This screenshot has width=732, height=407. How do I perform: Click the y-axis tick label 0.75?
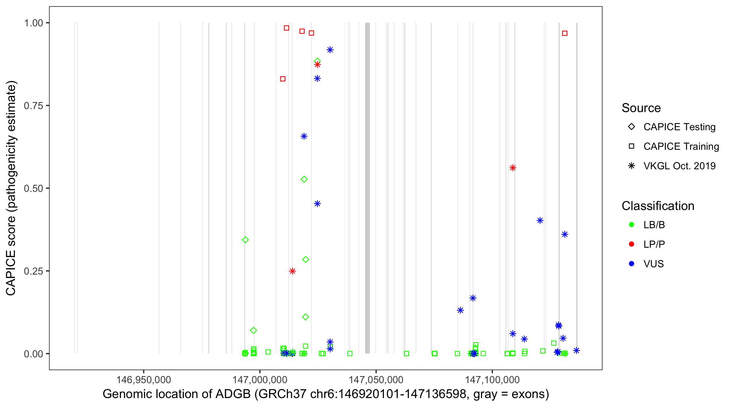pos(33,106)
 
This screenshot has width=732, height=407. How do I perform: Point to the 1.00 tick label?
pos(33,23)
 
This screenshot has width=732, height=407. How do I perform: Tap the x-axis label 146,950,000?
pos(143,380)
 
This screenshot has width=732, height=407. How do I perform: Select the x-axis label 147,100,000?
pos(492,380)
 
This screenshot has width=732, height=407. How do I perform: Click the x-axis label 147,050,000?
pos(376,380)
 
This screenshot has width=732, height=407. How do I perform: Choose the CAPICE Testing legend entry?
pos(679,127)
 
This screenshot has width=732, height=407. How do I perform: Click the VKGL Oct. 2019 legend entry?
pos(679,166)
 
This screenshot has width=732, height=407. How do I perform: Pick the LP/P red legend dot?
pos(631,244)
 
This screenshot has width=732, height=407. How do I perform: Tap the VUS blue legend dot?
pos(631,264)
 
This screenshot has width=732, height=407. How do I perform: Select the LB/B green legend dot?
pos(631,225)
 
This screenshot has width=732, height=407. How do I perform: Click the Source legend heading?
pos(641,108)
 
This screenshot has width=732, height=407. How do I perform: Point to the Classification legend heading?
pos(658,206)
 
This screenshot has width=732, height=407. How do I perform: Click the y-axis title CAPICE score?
pos(11,188)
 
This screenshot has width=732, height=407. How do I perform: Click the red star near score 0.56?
pos(513,168)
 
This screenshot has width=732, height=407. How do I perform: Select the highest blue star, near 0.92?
pos(330,50)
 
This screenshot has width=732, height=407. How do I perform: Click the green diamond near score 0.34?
pos(245,240)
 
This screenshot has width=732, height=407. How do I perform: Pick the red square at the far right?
pos(565,33)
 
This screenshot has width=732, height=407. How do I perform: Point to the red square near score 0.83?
pos(283,79)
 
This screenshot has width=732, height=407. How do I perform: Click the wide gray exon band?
pos(367,188)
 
